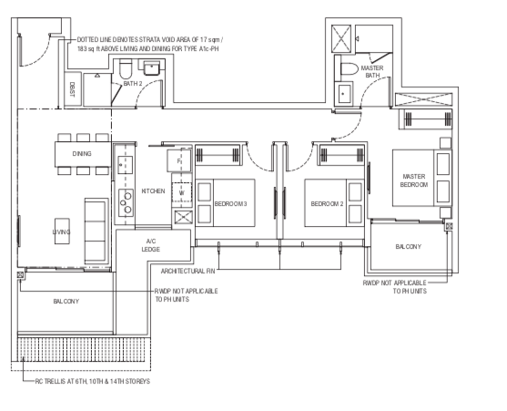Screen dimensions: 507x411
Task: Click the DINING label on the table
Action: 82,154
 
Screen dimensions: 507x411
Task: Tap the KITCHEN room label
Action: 153,191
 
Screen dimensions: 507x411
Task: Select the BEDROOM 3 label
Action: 230,204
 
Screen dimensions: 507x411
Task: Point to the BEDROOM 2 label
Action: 327,204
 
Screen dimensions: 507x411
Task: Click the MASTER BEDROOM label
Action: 414,180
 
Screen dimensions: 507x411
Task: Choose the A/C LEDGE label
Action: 151,245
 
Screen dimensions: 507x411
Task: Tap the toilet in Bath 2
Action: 125,69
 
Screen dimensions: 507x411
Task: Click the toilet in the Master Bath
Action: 350,68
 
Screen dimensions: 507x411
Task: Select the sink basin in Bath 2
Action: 151,68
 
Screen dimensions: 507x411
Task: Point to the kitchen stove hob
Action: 126,202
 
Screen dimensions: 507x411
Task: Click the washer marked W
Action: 181,193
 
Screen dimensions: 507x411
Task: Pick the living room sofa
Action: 96,231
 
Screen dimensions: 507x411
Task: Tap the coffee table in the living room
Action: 62,231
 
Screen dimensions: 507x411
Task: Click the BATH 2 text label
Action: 133,84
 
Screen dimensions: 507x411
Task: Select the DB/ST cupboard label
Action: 72,89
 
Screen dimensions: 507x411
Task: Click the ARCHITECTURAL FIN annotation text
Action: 188,272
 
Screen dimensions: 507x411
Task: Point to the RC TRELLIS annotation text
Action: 93,381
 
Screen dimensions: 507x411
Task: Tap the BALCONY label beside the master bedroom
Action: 408,247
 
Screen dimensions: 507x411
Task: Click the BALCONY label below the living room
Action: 66,302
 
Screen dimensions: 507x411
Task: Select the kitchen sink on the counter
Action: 125,165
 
